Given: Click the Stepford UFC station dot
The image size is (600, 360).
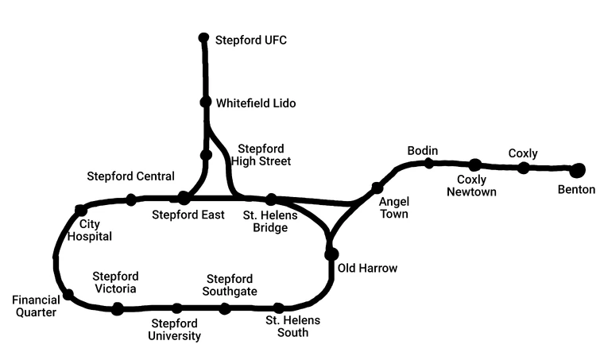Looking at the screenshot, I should point(203,37).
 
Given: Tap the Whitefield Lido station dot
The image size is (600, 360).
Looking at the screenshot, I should point(205,102).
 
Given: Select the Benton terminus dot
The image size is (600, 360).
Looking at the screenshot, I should point(577,169).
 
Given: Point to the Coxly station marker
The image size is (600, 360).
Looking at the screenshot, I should point(523,168).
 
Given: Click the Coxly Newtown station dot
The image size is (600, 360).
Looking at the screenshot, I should point(474,165).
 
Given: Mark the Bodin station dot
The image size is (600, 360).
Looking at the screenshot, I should point(428,164).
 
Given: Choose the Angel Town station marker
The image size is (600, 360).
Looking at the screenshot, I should point(377,188).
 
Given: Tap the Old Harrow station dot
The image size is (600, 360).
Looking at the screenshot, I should point(331,254).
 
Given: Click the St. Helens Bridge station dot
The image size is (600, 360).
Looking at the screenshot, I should point(271,199).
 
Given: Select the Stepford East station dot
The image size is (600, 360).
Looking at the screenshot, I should point(184,197).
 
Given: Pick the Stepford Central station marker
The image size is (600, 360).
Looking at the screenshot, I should point(131,199).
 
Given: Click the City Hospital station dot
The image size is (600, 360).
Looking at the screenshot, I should point(80,211).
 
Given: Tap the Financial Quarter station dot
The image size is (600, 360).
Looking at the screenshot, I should point(68,295).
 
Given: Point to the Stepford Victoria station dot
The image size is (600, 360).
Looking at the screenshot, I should point(118,309).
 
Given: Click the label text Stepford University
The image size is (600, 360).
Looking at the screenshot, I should point(174,330).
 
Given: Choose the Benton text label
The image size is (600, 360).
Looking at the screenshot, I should point(576,190).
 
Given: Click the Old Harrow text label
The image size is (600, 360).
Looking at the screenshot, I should point(367,269).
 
